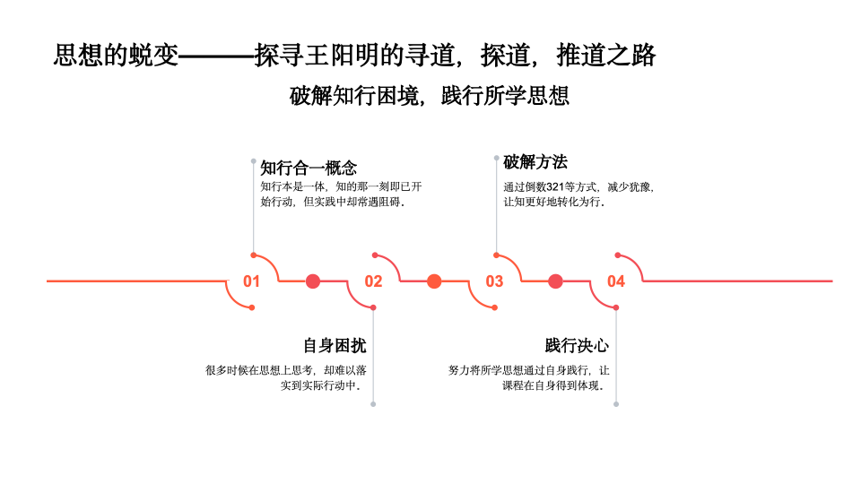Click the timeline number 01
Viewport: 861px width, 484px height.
click(x=251, y=281)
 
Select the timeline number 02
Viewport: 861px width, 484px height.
click(x=373, y=281)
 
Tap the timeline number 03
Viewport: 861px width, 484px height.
click(x=494, y=281)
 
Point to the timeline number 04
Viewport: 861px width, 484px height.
click(x=615, y=281)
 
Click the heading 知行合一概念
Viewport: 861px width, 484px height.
click(x=309, y=168)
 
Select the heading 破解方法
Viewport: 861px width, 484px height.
click(x=535, y=162)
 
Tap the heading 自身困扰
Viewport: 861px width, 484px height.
click(x=335, y=346)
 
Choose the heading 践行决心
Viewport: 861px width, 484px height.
click(x=577, y=346)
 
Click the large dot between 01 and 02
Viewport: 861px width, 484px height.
click(x=313, y=281)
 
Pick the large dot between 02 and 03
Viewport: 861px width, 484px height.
click(x=434, y=281)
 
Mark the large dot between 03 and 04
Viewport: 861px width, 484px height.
click(x=555, y=281)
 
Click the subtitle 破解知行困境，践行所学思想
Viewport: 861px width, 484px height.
click(x=430, y=96)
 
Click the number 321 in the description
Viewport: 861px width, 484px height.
click(x=556, y=187)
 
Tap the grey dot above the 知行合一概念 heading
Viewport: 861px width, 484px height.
click(x=253, y=161)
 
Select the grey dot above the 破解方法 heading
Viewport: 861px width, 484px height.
click(x=496, y=158)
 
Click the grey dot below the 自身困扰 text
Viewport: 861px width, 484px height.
click(x=373, y=404)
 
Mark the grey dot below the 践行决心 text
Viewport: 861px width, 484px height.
click(x=616, y=404)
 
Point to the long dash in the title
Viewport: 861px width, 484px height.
click(x=216, y=56)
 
